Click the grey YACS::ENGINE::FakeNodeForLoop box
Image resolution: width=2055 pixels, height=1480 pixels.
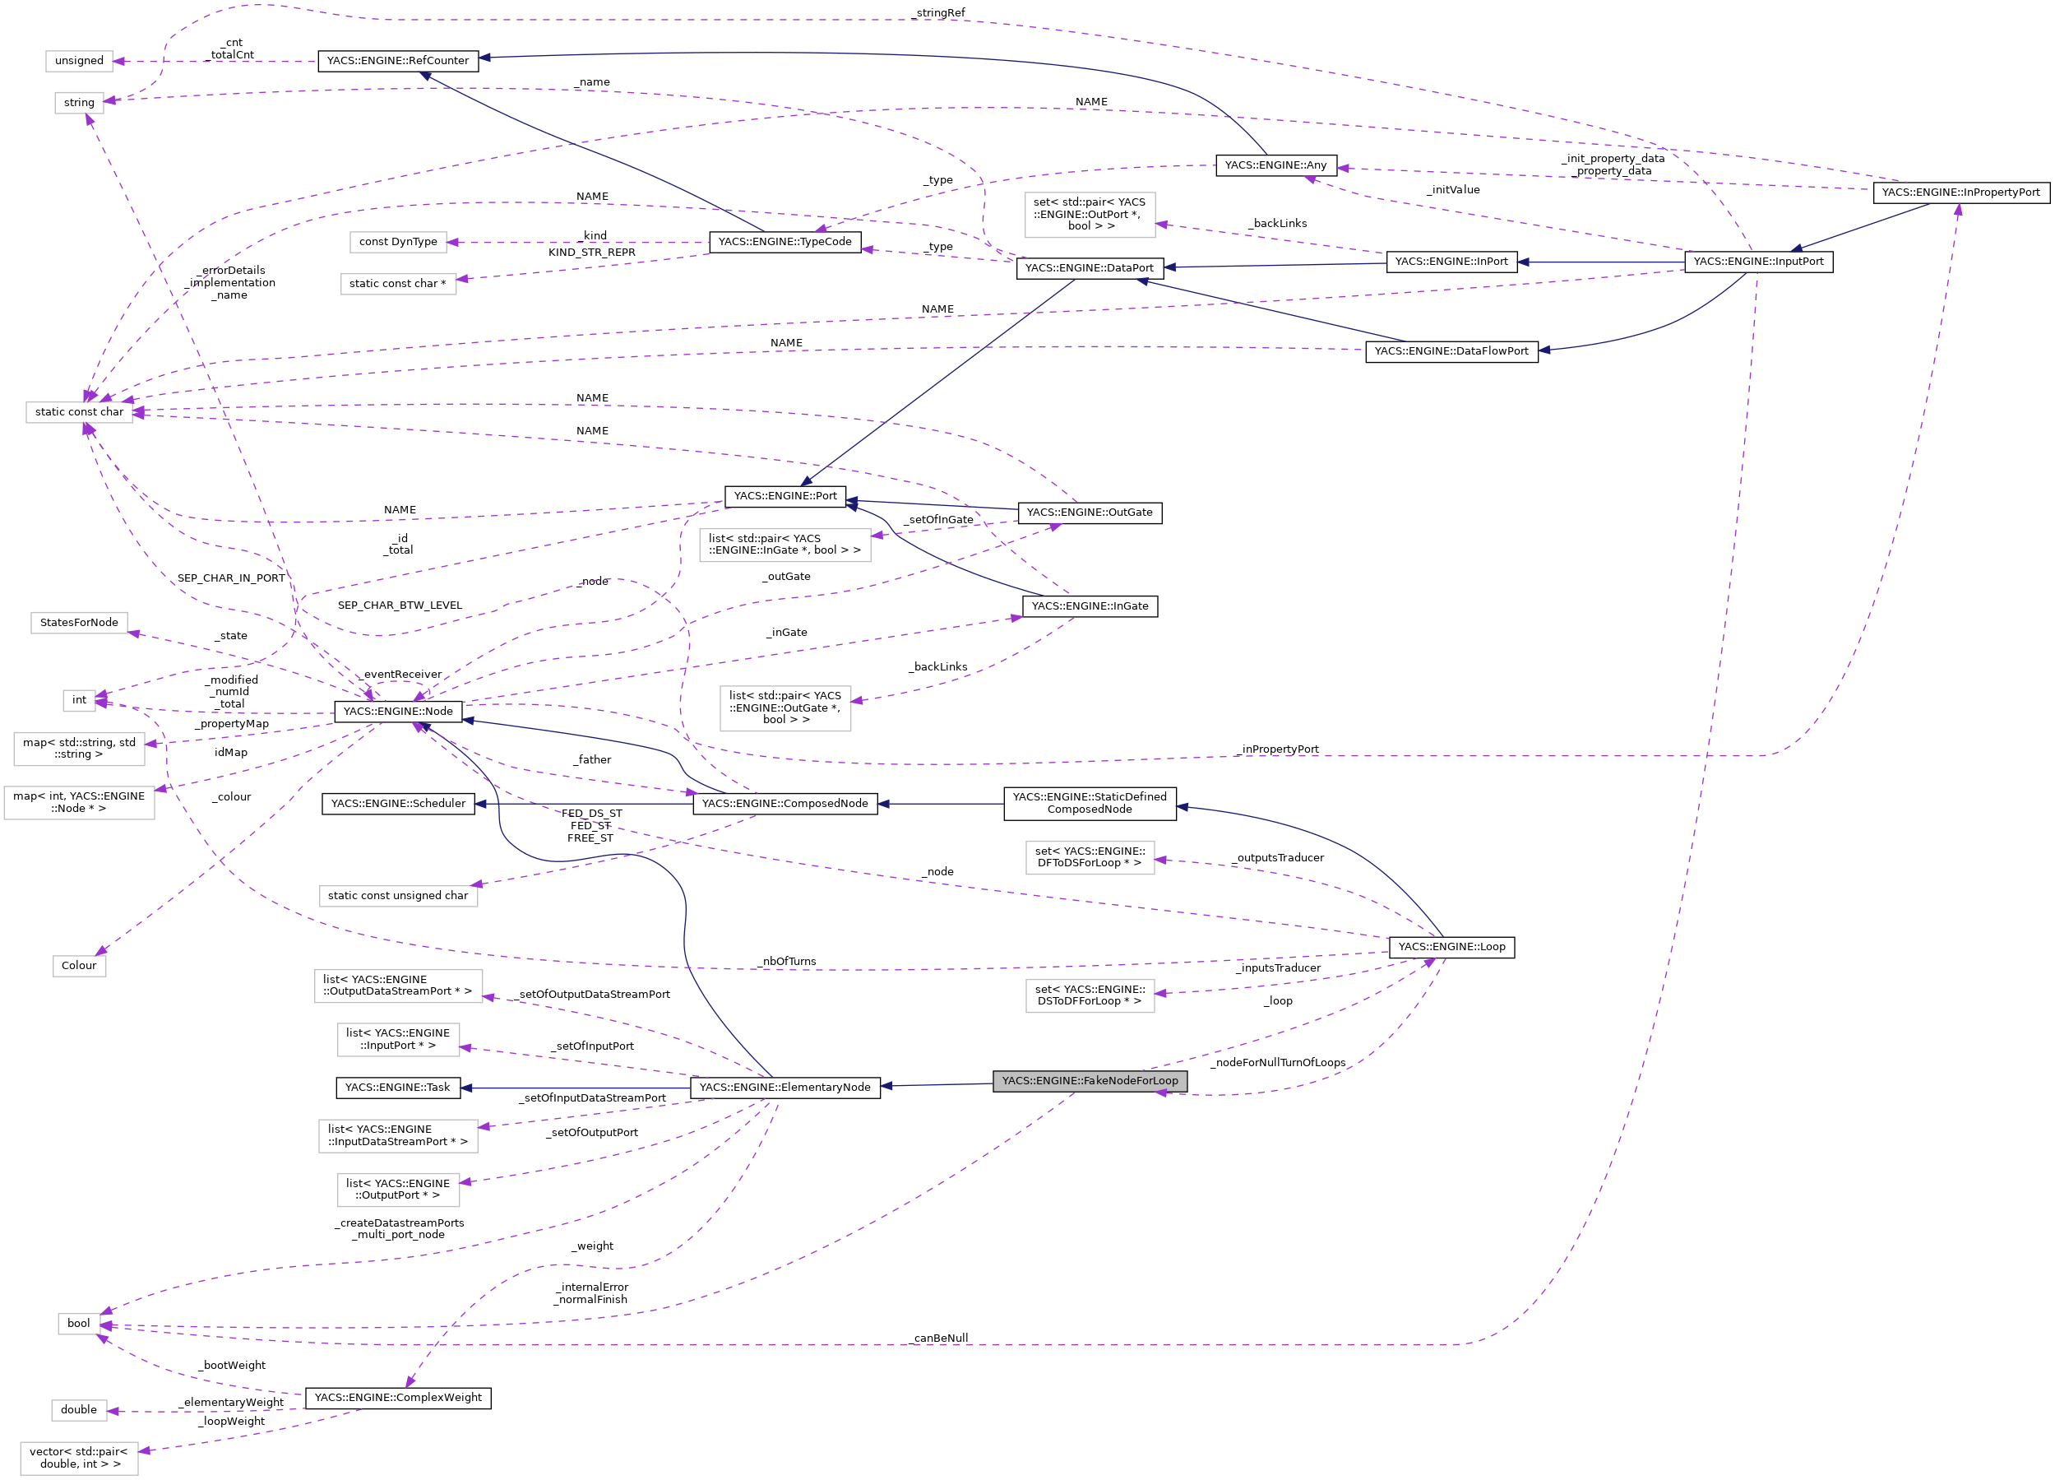[x=1089, y=1080]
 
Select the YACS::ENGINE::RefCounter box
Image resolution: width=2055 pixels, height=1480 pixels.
[x=398, y=61]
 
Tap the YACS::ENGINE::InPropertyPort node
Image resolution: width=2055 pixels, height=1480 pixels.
[x=1960, y=193]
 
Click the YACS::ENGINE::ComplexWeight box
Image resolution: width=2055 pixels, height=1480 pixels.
[x=398, y=1398]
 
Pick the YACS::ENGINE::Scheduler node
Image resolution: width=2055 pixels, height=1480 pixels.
[x=398, y=804]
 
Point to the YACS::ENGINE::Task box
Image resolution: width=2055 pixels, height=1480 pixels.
[x=398, y=1088]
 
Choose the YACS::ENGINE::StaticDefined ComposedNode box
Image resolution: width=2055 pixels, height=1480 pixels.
[x=1089, y=803]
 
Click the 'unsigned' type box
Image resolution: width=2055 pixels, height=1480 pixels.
[x=79, y=61]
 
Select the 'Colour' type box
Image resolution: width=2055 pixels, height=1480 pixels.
[x=79, y=965]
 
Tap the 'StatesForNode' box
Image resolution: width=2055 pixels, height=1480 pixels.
[x=79, y=623]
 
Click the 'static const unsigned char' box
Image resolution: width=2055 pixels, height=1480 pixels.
[x=398, y=895]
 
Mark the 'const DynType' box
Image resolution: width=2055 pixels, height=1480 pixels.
[x=398, y=242]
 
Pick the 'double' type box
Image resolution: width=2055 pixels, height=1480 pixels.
[x=79, y=1409]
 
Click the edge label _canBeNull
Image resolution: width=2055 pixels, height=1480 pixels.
[x=940, y=1338]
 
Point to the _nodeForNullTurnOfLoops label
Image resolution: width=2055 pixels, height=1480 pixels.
[x=1279, y=1062]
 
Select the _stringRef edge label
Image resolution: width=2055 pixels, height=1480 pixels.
[x=940, y=12]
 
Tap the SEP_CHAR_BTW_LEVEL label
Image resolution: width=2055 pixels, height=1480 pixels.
[x=400, y=605]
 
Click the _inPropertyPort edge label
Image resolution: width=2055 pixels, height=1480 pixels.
[x=1279, y=749]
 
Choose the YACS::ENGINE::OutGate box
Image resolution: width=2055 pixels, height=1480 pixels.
[x=1089, y=513]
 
